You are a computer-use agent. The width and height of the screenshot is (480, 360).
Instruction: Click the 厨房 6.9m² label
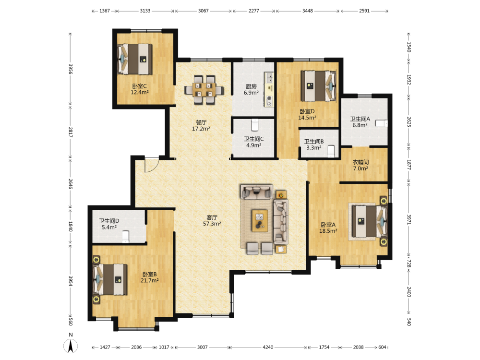252,89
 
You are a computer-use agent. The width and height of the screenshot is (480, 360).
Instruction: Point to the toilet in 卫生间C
255,125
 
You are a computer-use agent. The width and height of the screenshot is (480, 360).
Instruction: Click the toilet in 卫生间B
331,151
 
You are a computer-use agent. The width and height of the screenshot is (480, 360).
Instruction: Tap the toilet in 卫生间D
125,237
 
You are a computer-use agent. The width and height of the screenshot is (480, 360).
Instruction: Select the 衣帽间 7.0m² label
360,165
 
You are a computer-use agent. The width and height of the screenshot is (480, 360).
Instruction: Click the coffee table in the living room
260,220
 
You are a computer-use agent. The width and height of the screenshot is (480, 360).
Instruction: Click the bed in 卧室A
369,221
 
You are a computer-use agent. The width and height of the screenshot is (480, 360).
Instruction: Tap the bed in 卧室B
110,279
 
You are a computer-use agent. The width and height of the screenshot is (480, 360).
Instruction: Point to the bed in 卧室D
318,86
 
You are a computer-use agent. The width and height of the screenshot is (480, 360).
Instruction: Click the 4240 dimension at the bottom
268,347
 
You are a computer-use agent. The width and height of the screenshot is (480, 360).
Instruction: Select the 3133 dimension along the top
145,11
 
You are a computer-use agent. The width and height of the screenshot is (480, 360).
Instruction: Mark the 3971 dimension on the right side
408,219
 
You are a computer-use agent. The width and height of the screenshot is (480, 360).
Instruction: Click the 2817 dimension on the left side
71,132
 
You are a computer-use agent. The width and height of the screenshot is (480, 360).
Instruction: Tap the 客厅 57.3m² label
212,220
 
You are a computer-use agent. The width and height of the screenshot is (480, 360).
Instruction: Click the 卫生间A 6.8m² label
360,122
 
